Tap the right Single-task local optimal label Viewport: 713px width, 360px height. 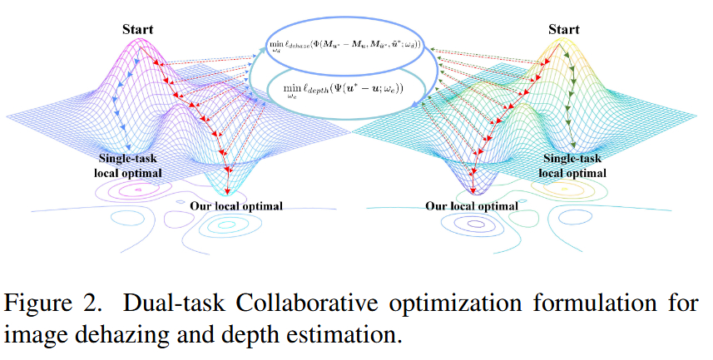[573, 165]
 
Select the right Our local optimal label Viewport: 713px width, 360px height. [472, 205]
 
